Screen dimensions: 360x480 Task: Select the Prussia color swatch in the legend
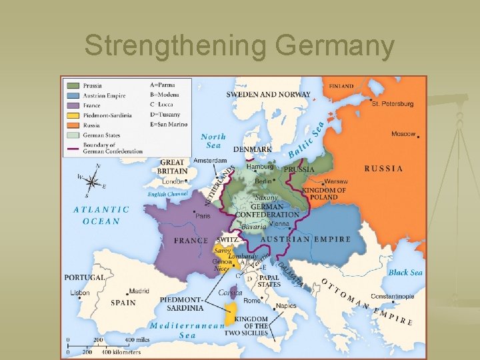pyautogui.click(x=72, y=85)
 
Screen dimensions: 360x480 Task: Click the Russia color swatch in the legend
pyautogui.click(x=72, y=125)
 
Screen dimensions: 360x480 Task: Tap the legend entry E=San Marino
pyautogui.click(x=169, y=124)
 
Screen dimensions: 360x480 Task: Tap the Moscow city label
pyautogui.click(x=403, y=134)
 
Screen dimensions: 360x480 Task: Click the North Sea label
pyautogui.click(x=213, y=141)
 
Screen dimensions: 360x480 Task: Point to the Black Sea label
pyautogui.click(x=405, y=272)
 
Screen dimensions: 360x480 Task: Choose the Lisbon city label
pyautogui.click(x=79, y=293)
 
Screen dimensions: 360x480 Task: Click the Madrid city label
pyautogui.click(x=139, y=291)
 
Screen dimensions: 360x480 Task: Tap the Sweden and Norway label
pyautogui.click(x=268, y=95)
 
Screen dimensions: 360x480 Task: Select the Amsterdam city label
pyautogui.click(x=209, y=160)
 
